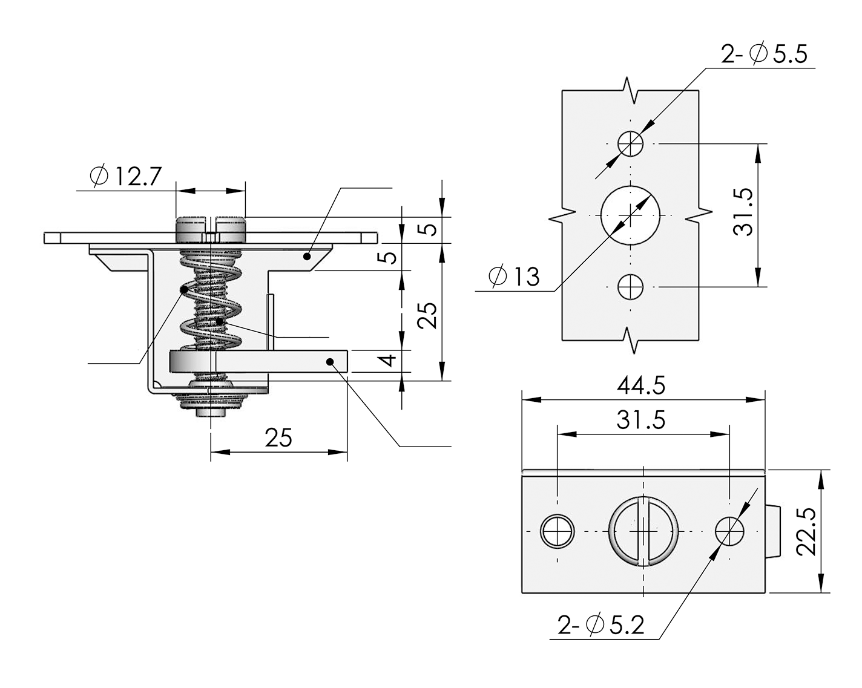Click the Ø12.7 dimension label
[x=126, y=175]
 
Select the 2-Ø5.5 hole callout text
[x=764, y=53]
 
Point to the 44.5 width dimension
[x=641, y=385]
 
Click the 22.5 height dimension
[x=806, y=531]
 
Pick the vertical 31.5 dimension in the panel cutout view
[x=743, y=212]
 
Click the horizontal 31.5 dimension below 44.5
[x=641, y=420]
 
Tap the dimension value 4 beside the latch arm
[x=387, y=361]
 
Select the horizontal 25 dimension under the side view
[x=278, y=437]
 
